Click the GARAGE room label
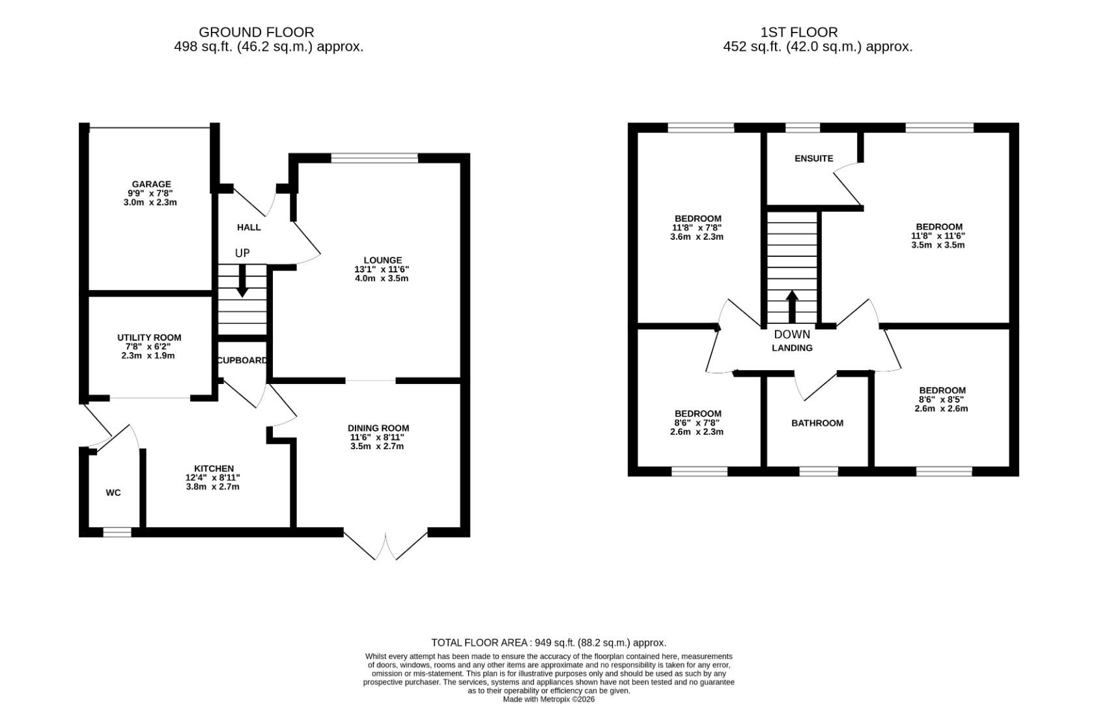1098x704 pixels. pos(151,184)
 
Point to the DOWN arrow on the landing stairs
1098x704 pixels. pos(792,306)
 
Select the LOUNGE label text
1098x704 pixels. pos(382,260)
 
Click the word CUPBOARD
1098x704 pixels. pos(242,360)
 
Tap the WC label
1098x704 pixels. pos(113,493)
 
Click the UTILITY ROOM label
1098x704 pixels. pos(149,338)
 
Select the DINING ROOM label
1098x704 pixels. pos(378,428)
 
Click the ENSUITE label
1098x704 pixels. pos(813,158)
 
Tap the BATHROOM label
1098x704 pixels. pos(817,423)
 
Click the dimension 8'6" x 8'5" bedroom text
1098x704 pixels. pos(941,400)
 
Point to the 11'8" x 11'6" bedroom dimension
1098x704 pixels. pos(938,236)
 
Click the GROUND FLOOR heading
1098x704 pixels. pos(256,32)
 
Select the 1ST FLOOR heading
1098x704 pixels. pos(798,32)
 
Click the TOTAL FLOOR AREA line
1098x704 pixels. pos(548,643)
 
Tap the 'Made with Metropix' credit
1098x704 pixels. pos(548,699)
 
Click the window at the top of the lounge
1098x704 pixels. pos(374,158)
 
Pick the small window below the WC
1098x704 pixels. pos(117,533)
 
